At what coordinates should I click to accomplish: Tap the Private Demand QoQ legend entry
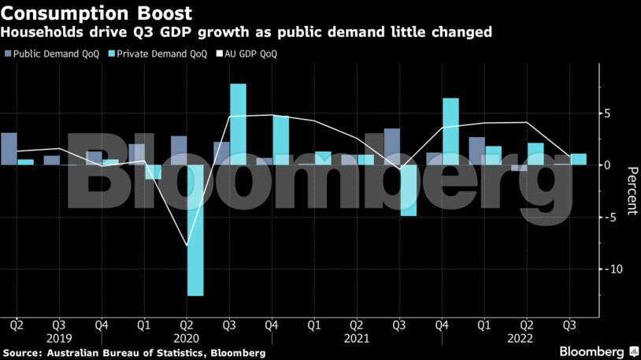(161, 54)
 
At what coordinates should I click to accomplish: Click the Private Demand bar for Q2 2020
(195, 230)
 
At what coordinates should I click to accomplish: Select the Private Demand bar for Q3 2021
(408, 190)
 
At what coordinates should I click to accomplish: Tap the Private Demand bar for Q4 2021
(450, 132)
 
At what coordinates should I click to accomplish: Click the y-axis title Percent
(631, 191)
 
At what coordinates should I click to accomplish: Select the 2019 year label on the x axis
(60, 338)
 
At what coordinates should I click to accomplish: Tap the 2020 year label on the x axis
(187, 338)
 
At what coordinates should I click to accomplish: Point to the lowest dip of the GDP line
(187, 245)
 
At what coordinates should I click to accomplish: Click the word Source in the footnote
(23, 354)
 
